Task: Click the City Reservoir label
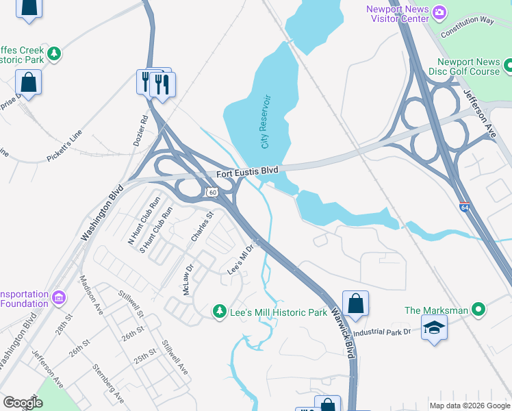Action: (266, 122)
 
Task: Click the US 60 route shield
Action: (212, 194)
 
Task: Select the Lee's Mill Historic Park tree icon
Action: (219, 312)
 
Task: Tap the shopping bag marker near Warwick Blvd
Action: (355, 303)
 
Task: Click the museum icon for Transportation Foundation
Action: (58, 298)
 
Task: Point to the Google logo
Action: (23, 402)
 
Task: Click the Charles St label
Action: (203, 226)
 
